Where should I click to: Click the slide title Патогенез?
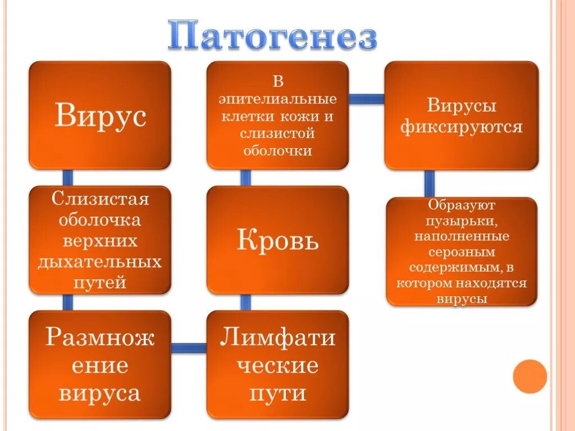point(273,36)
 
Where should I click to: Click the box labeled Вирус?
point(100,115)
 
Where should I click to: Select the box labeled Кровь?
point(277,240)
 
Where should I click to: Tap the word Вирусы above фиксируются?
point(462,106)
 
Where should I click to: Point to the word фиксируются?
point(461,126)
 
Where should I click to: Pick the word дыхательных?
point(100,262)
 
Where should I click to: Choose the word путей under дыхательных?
point(100,282)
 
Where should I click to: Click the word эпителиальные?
point(277,99)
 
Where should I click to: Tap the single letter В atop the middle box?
point(277,82)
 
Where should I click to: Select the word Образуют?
point(462,205)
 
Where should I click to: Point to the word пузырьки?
point(462,221)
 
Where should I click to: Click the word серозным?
point(462,252)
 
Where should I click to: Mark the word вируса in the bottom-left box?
point(100,392)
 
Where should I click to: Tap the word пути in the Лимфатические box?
point(277,392)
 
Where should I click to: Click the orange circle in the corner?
point(530,376)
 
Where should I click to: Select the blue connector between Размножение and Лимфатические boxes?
point(189,348)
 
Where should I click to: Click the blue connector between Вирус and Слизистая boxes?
point(67,177)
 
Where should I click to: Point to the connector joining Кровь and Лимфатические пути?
point(245,302)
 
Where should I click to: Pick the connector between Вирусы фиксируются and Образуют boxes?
point(429,183)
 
